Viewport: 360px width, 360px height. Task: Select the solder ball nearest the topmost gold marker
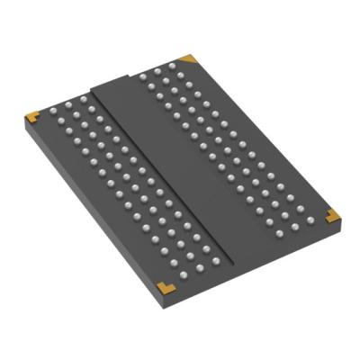170,68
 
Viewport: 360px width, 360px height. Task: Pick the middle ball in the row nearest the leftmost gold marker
67,104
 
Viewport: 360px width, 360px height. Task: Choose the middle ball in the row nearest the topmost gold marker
157,73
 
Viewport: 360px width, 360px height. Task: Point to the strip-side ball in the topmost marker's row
146,76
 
